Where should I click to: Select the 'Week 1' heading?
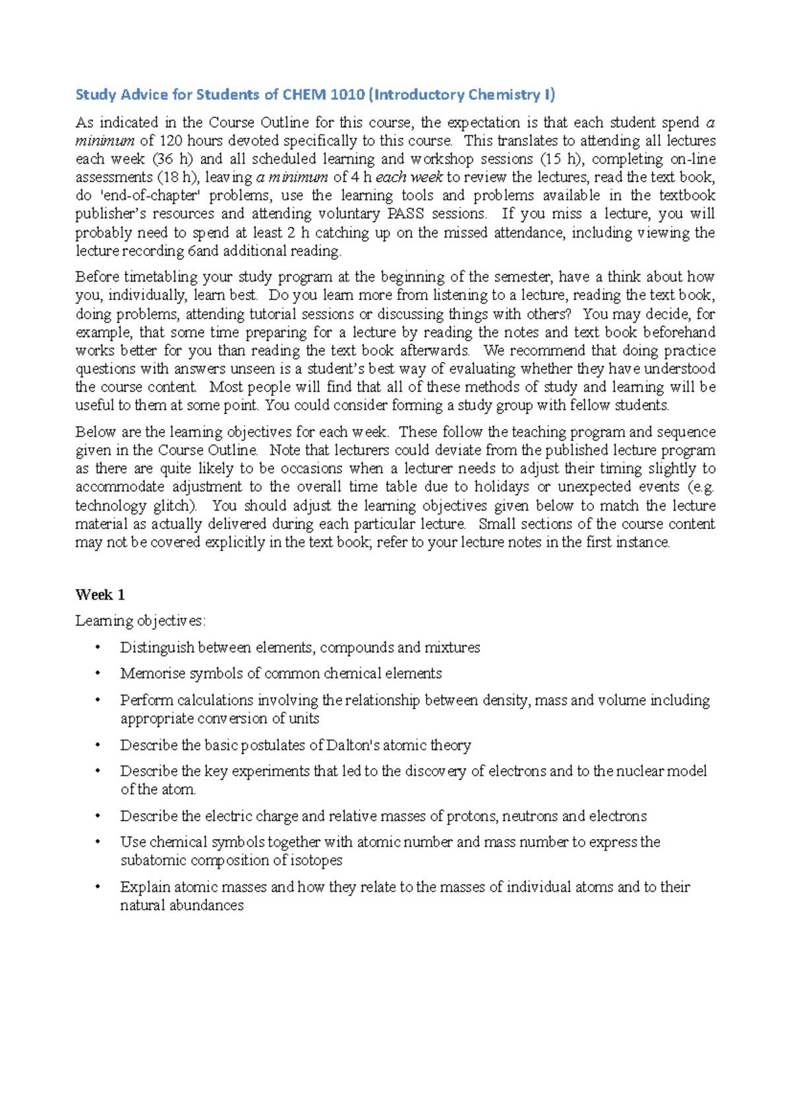(100, 595)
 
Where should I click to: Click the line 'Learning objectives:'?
(140, 621)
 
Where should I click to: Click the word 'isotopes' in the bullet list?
(315, 860)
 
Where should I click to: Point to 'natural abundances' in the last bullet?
(182, 905)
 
